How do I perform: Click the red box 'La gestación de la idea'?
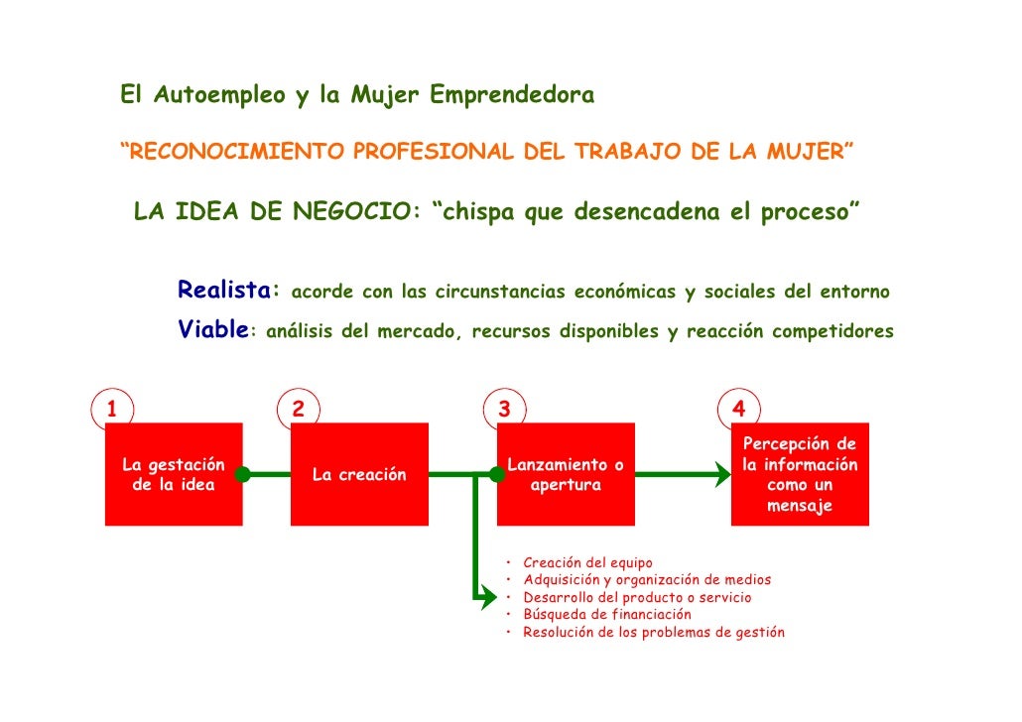coord(174,474)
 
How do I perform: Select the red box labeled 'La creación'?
coord(359,474)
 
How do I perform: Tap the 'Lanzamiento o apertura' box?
coord(566,474)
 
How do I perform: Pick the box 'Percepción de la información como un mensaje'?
coord(800,474)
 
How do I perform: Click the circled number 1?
coord(112,409)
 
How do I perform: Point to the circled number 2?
coord(298,409)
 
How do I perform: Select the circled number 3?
coord(504,409)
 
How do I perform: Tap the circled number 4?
coord(738,409)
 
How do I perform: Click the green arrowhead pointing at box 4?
coord(721,475)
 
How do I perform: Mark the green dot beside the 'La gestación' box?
coord(242,475)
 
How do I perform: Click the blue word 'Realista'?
coord(223,291)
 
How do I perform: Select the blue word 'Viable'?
coord(212,330)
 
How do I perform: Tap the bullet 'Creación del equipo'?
coord(587,563)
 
